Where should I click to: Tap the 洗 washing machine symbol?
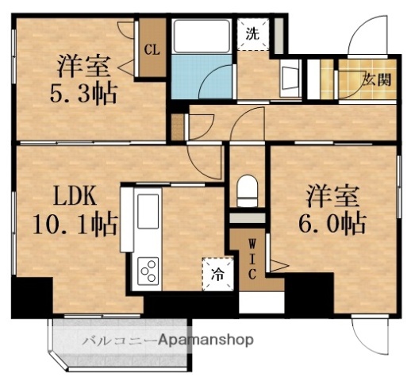(x=252, y=35)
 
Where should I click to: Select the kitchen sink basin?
(x=148, y=214)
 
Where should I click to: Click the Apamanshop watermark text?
(x=205, y=340)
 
